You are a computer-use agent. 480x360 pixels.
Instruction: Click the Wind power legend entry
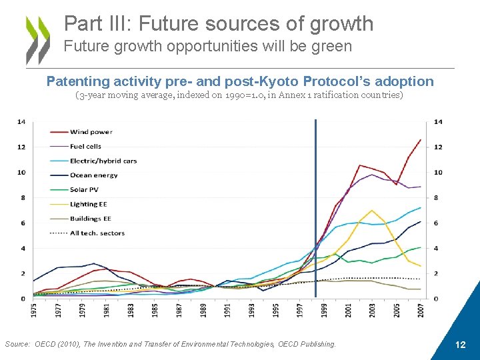click(90, 132)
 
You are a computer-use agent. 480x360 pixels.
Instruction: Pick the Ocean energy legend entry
click(93, 175)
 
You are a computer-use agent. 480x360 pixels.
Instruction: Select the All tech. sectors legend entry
click(97, 233)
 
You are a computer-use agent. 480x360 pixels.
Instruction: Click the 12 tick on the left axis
click(21, 147)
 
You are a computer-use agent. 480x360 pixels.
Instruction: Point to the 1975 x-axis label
click(33, 310)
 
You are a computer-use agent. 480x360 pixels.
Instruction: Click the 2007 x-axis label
click(420, 310)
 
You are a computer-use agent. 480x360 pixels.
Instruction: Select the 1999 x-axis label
click(323, 310)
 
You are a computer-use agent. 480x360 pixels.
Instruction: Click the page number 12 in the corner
click(459, 345)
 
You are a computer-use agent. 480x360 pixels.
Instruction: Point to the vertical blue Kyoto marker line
click(315, 200)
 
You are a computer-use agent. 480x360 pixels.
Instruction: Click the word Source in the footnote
click(16, 344)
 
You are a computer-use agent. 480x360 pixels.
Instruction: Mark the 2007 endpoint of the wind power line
click(420, 140)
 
